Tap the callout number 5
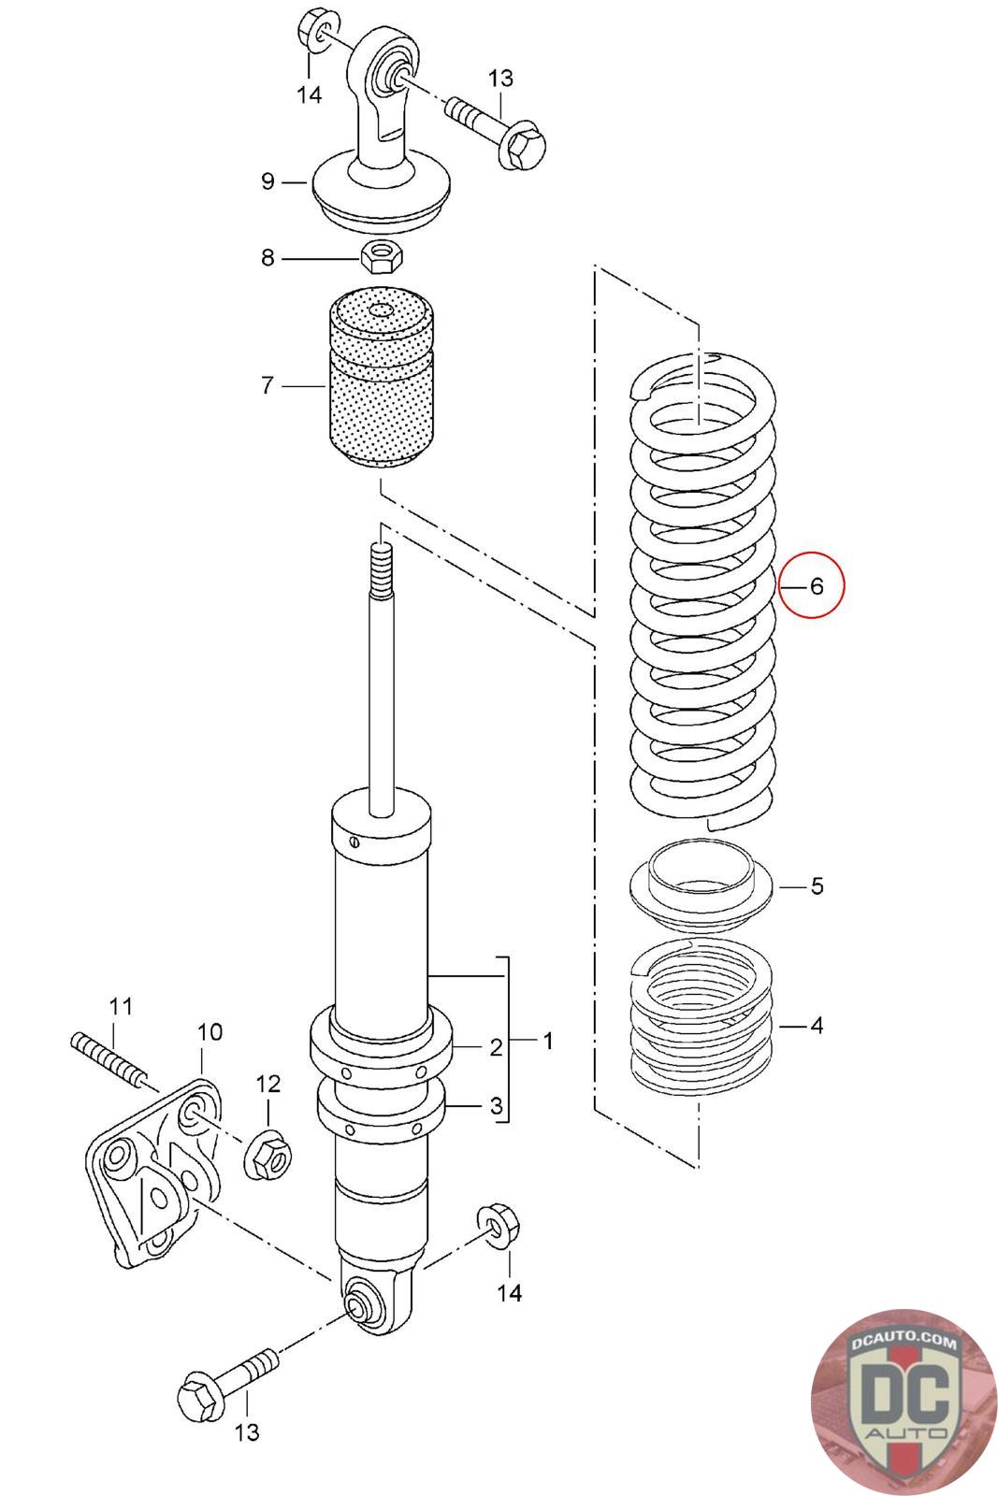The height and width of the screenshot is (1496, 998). click(817, 885)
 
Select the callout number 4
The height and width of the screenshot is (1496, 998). click(817, 1026)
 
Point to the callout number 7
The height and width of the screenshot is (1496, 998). click(268, 384)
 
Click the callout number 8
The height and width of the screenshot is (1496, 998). click(268, 257)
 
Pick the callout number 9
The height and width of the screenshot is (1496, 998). click(268, 180)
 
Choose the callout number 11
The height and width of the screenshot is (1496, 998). click(121, 1007)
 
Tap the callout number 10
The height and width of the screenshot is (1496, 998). click(210, 1032)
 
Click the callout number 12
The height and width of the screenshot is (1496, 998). click(268, 1084)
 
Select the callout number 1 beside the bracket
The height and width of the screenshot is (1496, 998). click(548, 1040)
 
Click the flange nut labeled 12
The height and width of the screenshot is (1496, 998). click(267, 1155)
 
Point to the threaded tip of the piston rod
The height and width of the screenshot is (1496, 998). click(381, 566)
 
